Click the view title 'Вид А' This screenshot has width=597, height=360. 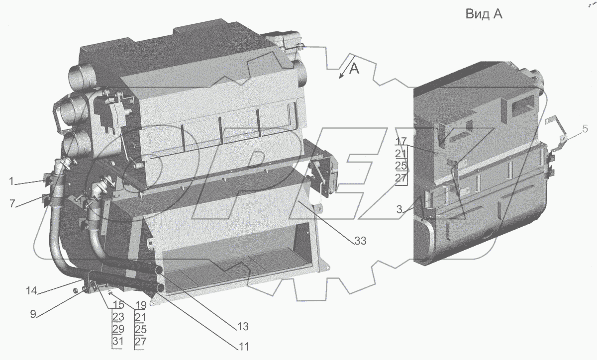coord(484,14)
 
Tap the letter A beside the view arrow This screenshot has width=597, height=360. coord(354,69)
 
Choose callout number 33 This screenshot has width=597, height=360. coord(360,241)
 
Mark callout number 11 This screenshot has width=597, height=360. coord(243,346)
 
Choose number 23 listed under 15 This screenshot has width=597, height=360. coord(117,317)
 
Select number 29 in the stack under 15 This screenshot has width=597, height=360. coord(117,330)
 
